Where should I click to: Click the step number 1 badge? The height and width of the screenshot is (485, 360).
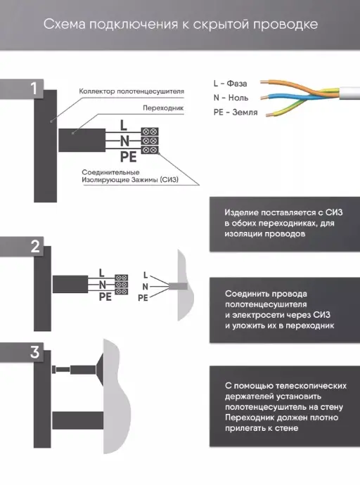34,89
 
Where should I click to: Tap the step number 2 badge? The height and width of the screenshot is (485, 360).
35,247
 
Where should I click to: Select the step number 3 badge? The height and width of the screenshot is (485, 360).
35,352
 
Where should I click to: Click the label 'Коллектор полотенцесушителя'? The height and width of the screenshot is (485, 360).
131,91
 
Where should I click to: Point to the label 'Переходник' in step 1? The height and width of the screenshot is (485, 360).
163,108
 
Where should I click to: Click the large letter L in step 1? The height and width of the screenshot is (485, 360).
124,125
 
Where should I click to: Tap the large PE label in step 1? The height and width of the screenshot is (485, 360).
129,157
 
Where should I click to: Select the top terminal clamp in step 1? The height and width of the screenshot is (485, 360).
150,131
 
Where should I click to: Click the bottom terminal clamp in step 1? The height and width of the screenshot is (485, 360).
150,150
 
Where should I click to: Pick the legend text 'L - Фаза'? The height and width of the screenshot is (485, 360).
230,84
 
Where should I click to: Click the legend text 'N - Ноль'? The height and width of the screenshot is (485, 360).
231,98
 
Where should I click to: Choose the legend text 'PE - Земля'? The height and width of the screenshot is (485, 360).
236,112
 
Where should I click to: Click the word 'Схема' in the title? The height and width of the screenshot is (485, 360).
64,25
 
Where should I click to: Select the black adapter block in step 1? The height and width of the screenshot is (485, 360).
82,141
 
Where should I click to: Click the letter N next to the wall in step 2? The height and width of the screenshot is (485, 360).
145,287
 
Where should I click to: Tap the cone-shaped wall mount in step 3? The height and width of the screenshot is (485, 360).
99,370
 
